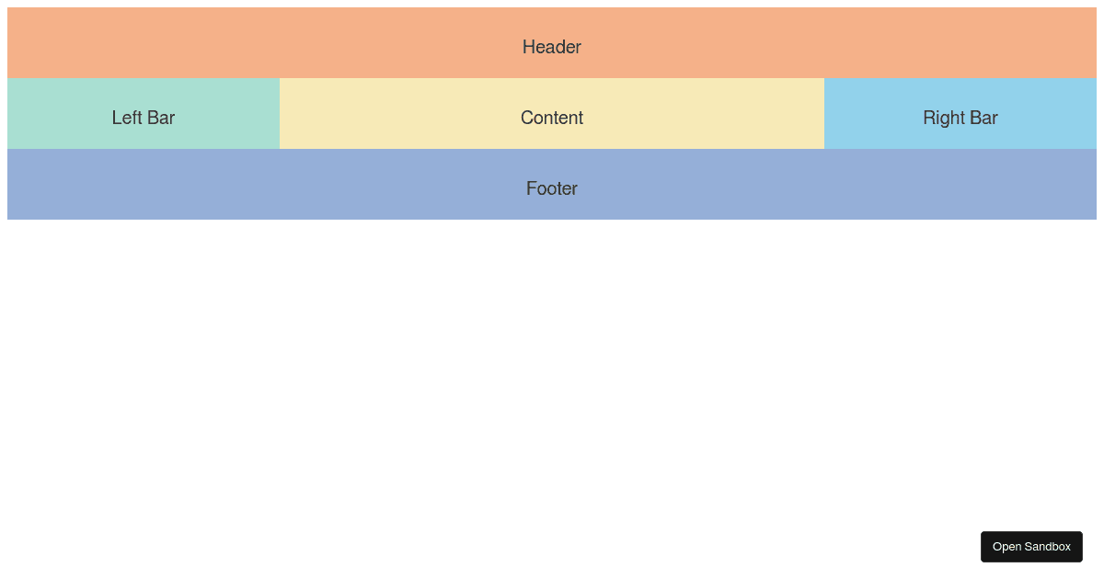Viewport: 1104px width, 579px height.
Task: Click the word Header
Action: (552, 47)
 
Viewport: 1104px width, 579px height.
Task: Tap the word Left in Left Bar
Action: (126, 118)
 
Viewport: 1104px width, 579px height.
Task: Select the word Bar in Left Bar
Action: (160, 118)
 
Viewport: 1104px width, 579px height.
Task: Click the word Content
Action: (552, 118)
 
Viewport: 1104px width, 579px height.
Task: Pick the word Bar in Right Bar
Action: (983, 118)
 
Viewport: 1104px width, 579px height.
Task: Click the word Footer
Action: (552, 188)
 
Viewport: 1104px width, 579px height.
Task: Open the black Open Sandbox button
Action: (1031, 547)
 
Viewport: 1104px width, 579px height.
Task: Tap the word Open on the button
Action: (1006, 547)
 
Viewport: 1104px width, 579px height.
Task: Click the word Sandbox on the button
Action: (1048, 547)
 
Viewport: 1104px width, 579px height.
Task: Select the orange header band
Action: (276, 42)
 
